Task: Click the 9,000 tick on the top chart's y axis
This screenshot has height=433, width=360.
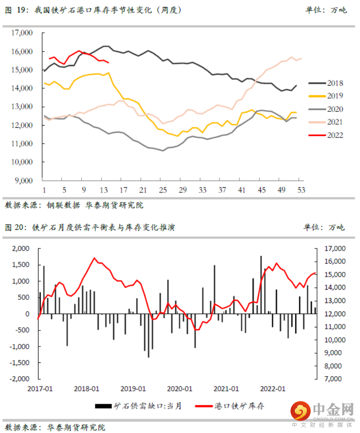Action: [24, 181]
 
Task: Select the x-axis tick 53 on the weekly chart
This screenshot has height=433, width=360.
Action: [300, 189]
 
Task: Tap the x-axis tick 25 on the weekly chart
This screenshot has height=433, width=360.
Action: [163, 189]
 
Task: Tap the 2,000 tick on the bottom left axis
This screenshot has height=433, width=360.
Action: [21, 249]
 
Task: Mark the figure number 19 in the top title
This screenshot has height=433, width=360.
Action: [21, 9]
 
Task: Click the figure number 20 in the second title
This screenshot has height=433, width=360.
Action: [21, 228]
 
